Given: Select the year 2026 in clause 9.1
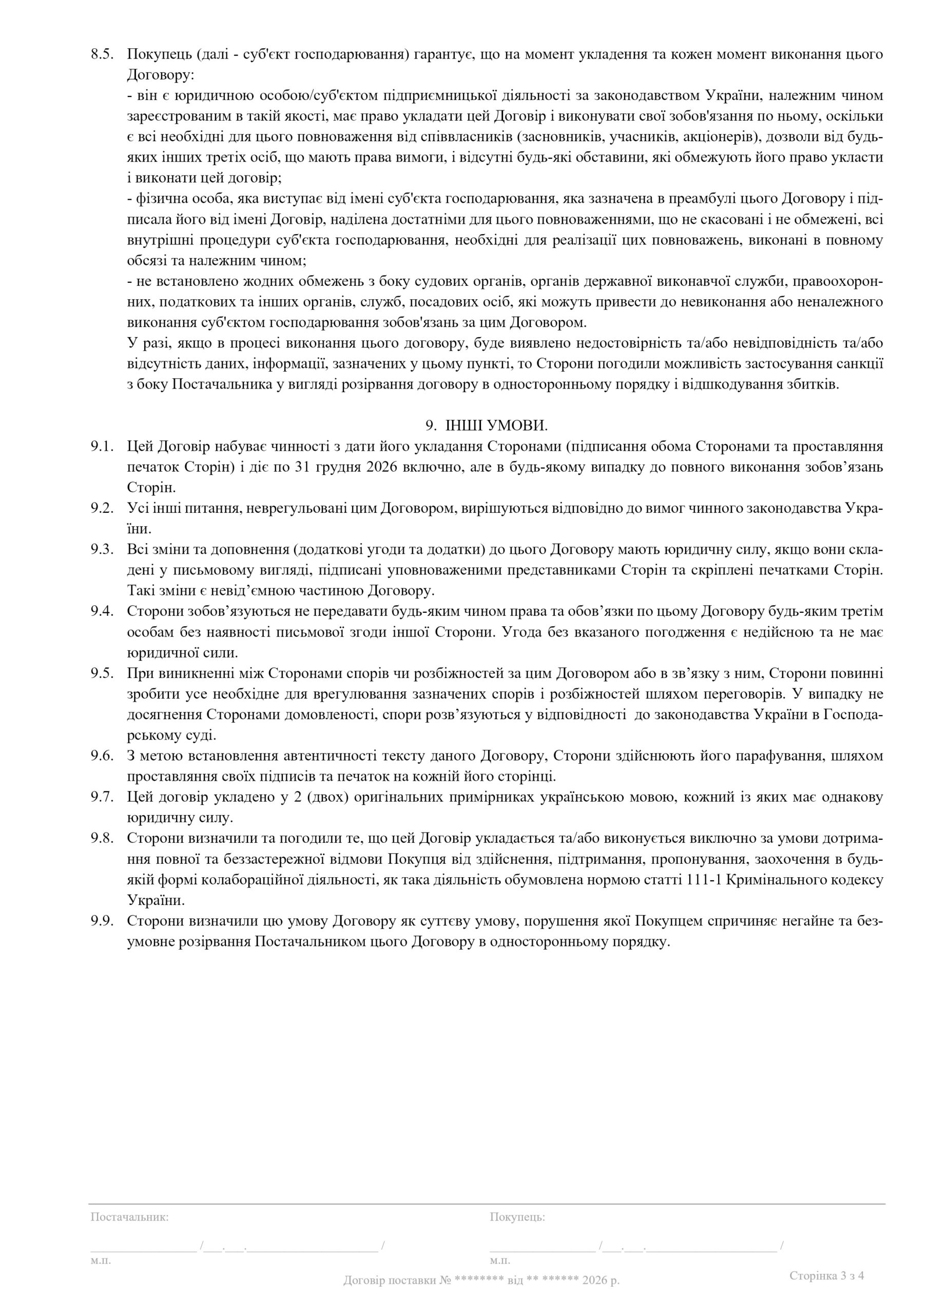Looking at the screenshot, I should [x=379, y=467].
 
